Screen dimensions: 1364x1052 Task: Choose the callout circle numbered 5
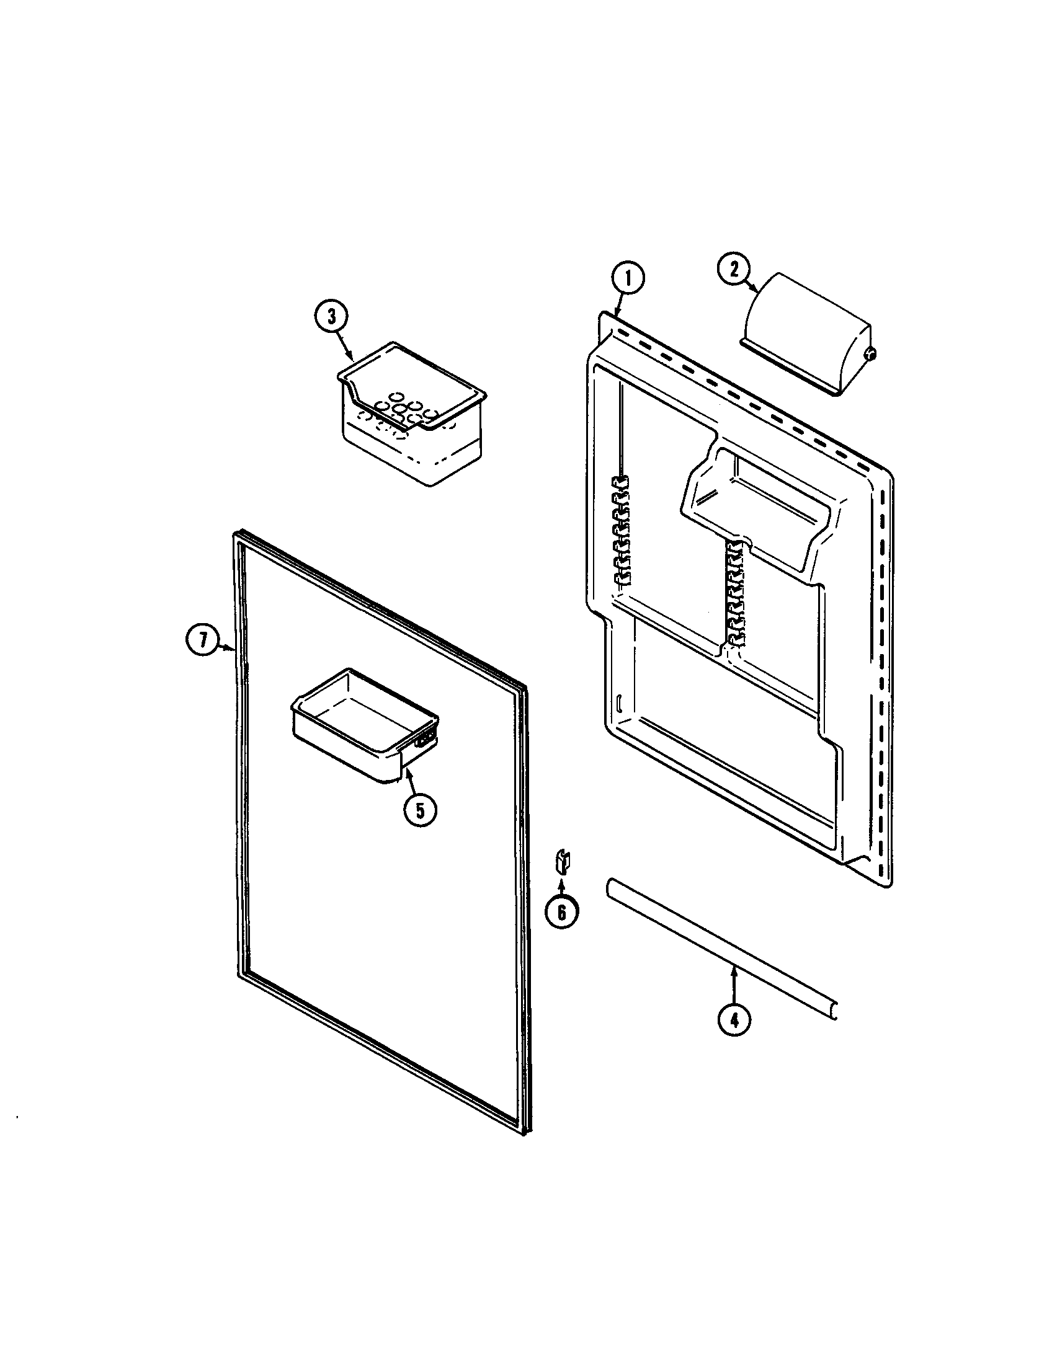pos(419,811)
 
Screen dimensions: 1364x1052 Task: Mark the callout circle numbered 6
pos(561,913)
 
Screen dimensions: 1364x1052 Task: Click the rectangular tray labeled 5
pos(362,724)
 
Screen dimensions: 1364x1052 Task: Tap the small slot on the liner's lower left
pos(618,702)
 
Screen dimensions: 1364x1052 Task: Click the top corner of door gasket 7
pos(238,536)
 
